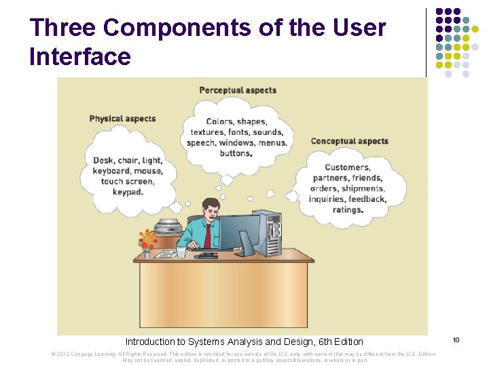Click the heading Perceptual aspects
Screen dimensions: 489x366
point(238,90)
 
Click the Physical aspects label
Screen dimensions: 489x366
point(122,119)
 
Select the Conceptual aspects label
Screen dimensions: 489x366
point(349,141)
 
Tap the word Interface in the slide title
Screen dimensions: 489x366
point(80,56)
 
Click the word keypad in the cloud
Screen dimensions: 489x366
point(128,192)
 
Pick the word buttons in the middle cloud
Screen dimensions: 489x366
point(235,153)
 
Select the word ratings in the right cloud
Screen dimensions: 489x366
point(347,209)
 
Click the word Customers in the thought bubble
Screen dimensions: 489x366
point(347,167)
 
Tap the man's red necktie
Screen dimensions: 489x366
point(207,235)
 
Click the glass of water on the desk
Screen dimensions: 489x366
point(181,251)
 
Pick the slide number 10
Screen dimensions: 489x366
point(456,339)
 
